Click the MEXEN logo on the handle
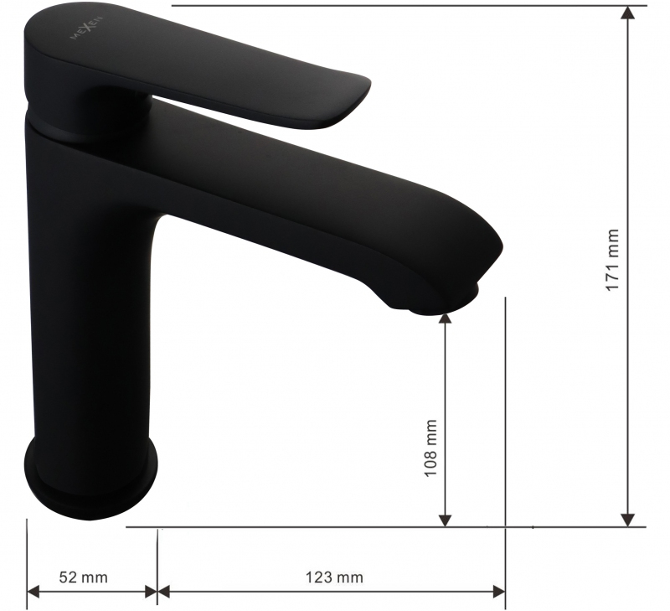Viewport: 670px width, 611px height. [x=86, y=28]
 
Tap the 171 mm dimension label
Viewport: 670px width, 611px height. [x=613, y=260]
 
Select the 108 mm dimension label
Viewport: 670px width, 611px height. [x=430, y=448]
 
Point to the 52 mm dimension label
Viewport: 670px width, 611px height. [x=83, y=577]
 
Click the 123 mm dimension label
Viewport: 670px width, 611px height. [x=334, y=577]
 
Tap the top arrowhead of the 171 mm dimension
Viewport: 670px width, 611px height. [x=627, y=13]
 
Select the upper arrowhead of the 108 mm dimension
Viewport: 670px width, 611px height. [x=446, y=319]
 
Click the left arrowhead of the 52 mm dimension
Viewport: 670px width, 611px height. [x=33, y=592]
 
